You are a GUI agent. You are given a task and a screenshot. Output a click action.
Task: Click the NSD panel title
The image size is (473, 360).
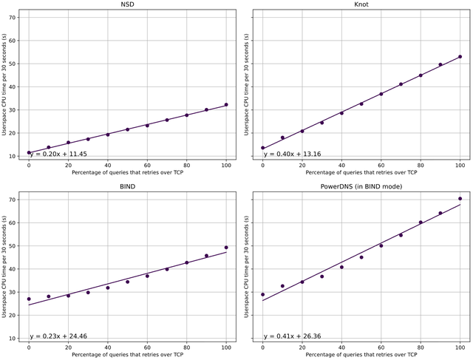127,5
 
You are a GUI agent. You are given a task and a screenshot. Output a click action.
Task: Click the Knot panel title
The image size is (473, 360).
361,5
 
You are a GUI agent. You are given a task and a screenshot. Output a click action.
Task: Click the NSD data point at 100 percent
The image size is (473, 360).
226,105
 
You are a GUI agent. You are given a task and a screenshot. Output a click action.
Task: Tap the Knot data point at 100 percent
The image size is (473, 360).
460,57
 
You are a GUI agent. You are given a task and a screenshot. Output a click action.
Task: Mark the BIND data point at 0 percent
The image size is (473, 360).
29,299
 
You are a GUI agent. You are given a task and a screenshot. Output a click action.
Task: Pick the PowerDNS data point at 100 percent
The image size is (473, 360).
460,199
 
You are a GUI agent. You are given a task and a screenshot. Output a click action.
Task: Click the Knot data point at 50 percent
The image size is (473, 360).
361,103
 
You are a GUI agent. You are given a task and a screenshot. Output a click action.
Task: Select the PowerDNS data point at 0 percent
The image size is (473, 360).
262,295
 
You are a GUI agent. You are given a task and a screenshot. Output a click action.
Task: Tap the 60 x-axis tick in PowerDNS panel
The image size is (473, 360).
381,347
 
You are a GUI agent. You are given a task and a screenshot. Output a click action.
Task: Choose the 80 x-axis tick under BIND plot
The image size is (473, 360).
186,347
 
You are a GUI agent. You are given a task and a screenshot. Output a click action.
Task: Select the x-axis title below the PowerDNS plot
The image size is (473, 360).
361,355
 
